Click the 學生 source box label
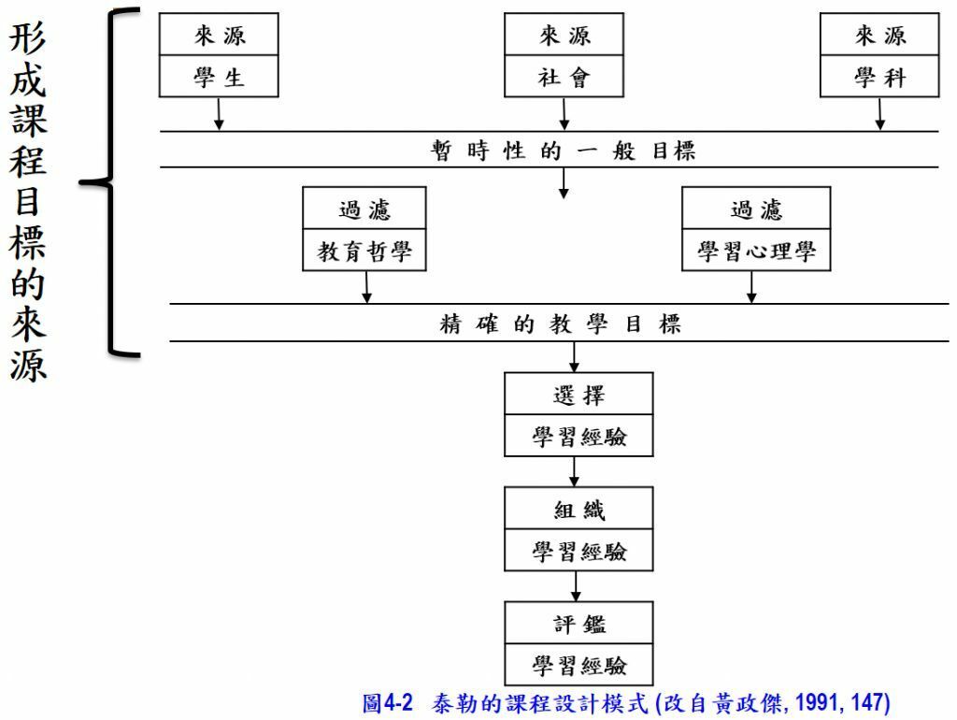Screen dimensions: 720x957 click(x=219, y=78)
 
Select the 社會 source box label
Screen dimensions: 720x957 click(x=564, y=78)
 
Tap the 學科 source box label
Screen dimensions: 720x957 click(x=879, y=78)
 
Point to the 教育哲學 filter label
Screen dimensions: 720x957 click(x=364, y=252)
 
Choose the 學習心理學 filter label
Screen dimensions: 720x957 click(x=756, y=252)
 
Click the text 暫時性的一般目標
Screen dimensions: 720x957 click(x=563, y=151)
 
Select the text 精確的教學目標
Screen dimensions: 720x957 click(x=561, y=324)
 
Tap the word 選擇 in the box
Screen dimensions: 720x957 click(x=578, y=395)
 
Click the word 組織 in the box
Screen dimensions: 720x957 click(x=578, y=510)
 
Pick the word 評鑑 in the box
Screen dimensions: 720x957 click(x=578, y=624)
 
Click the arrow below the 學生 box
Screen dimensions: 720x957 click(x=219, y=114)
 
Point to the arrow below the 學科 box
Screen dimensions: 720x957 click(x=879, y=114)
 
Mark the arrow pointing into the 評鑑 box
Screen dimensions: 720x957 click(x=576, y=586)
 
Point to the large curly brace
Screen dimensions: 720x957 click(x=112, y=181)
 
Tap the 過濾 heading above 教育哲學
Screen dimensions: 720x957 click(x=364, y=209)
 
